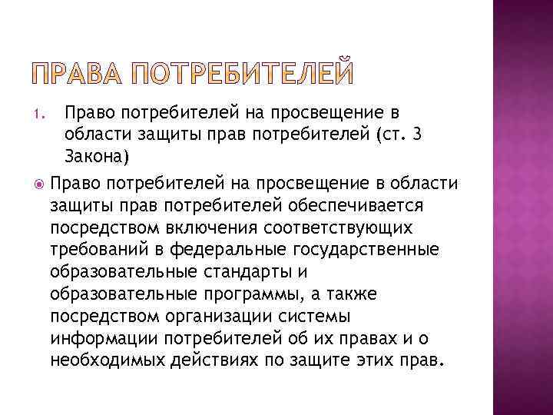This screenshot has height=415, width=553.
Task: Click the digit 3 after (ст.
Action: (x=435, y=136)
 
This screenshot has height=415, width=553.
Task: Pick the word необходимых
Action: (x=108, y=360)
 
